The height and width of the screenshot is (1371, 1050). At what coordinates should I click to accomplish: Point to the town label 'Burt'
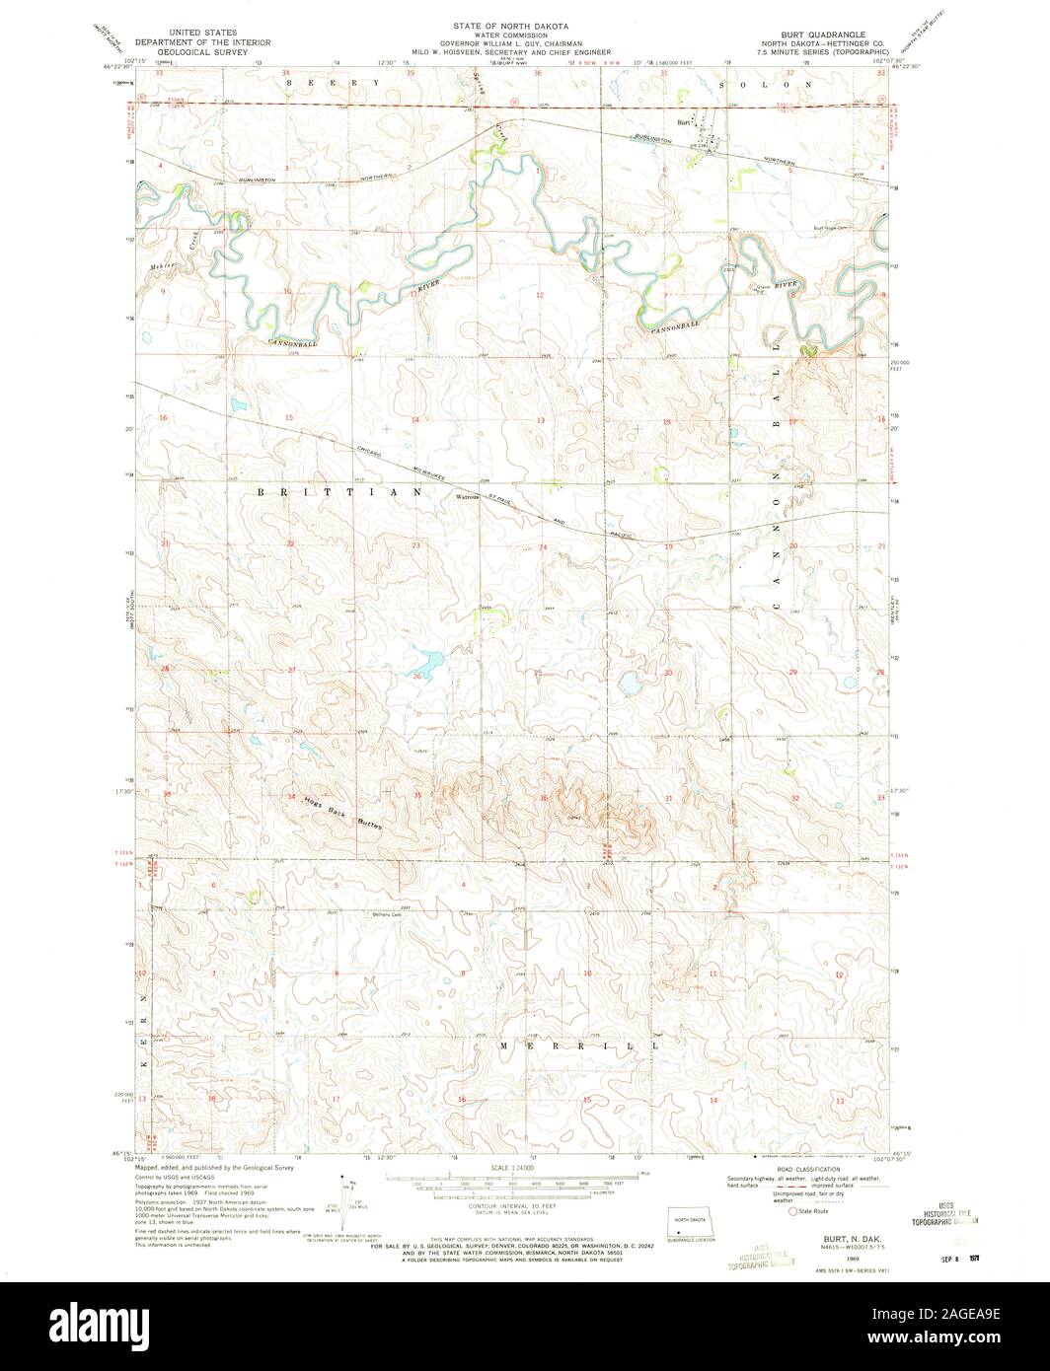(682, 122)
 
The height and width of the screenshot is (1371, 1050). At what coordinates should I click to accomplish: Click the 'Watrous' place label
(467, 497)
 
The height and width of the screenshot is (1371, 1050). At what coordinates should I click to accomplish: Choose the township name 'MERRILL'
(575, 1045)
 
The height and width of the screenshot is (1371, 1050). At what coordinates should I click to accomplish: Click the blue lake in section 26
(428, 661)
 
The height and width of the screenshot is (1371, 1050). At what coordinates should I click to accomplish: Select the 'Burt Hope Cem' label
(831, 228)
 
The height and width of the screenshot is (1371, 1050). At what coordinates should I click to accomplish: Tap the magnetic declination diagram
(349, 1198)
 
